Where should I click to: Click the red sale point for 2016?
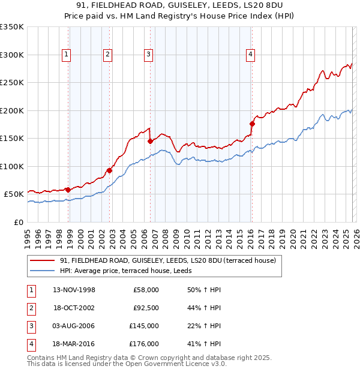click(x=252, y=124)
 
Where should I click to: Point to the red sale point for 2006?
click(x=150, y=142)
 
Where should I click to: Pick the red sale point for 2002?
click(x=110, y=170)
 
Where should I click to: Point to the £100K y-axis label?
click(x=12, y=166)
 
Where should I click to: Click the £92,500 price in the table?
click(x=144, y=308)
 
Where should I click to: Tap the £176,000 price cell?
click(x=144, y=344)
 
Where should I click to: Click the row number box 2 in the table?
click(x=31, y=308)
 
